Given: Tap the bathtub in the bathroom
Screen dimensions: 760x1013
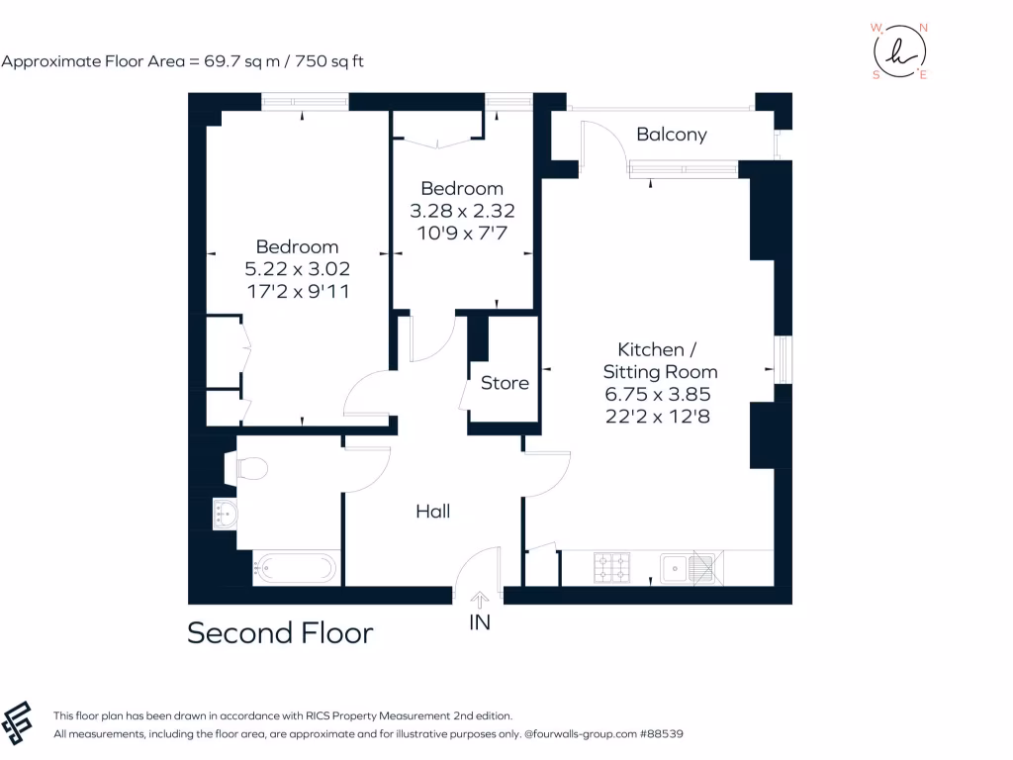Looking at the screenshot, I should pos(296,569).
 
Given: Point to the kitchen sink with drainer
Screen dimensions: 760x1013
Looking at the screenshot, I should pos(690,568).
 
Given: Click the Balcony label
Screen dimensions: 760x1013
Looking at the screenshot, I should pos(671,135).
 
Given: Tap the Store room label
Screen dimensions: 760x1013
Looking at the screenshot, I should pos(505,383).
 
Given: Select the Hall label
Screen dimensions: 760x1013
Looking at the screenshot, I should pos(432,512).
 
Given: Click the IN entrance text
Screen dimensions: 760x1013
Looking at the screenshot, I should pos(480,622).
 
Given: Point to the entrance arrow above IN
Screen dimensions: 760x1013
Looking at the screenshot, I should pos(480,599).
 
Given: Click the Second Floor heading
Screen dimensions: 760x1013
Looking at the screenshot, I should pos(280,633).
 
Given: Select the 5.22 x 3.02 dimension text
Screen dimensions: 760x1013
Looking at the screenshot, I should pos(297,269).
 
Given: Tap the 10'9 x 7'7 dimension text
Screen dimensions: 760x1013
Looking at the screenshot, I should pos(462,232).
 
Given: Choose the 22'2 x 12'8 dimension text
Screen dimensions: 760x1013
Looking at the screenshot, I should pos(658,416).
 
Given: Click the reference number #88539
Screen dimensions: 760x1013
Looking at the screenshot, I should pos(662,734).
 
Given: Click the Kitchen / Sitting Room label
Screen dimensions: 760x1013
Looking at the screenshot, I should pos(660,360).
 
